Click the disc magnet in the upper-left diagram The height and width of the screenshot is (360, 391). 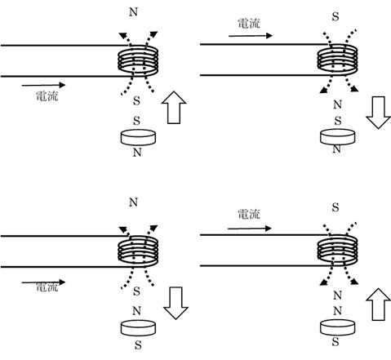(138, 137)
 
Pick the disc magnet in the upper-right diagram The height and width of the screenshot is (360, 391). (338, 137)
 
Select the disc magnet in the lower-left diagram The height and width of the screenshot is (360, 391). (138, 328)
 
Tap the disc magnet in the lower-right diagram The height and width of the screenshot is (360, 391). (338, 327)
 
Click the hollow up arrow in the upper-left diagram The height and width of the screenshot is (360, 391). (174, 108)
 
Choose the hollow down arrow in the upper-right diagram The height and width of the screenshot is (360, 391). (378, 112)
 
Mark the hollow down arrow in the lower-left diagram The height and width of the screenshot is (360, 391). (176, 303)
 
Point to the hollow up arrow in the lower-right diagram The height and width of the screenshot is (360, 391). (379, 304)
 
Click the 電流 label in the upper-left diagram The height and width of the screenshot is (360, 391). (47, 96)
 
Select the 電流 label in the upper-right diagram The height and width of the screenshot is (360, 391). (249, 24)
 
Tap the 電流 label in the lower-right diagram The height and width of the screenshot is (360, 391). (249, 214)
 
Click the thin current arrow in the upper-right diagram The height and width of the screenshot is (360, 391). (251, 36)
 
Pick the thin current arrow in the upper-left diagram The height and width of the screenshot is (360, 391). (43, 85)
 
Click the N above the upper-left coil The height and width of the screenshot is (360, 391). (133, 12)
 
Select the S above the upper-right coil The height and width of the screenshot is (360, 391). (335, 17)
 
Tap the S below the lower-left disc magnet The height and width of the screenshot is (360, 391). (138, 345)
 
